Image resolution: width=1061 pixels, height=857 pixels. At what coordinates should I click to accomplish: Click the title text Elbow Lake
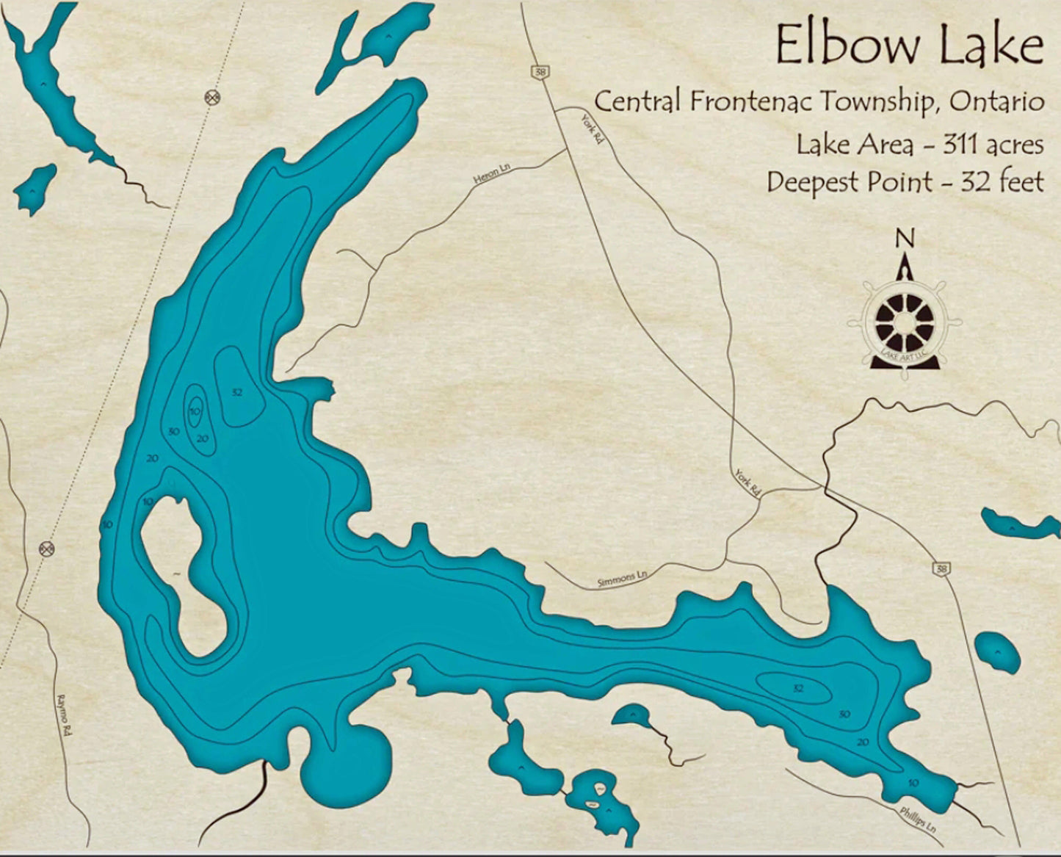point(909,46)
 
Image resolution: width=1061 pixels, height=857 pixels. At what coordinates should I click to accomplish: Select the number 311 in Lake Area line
point(956,145)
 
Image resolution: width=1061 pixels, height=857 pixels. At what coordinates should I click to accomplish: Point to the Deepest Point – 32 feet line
point(905,181)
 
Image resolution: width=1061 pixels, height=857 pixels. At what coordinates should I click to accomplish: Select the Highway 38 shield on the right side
point(941,568)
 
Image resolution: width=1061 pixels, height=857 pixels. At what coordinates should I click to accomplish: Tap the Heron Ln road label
point(492,173)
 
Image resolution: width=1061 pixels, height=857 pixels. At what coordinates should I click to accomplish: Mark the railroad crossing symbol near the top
point(212,95)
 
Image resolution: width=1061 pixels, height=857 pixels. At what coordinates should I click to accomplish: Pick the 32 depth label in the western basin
point(236,393)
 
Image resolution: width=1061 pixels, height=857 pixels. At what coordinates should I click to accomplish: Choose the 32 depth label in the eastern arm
point(799,688)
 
